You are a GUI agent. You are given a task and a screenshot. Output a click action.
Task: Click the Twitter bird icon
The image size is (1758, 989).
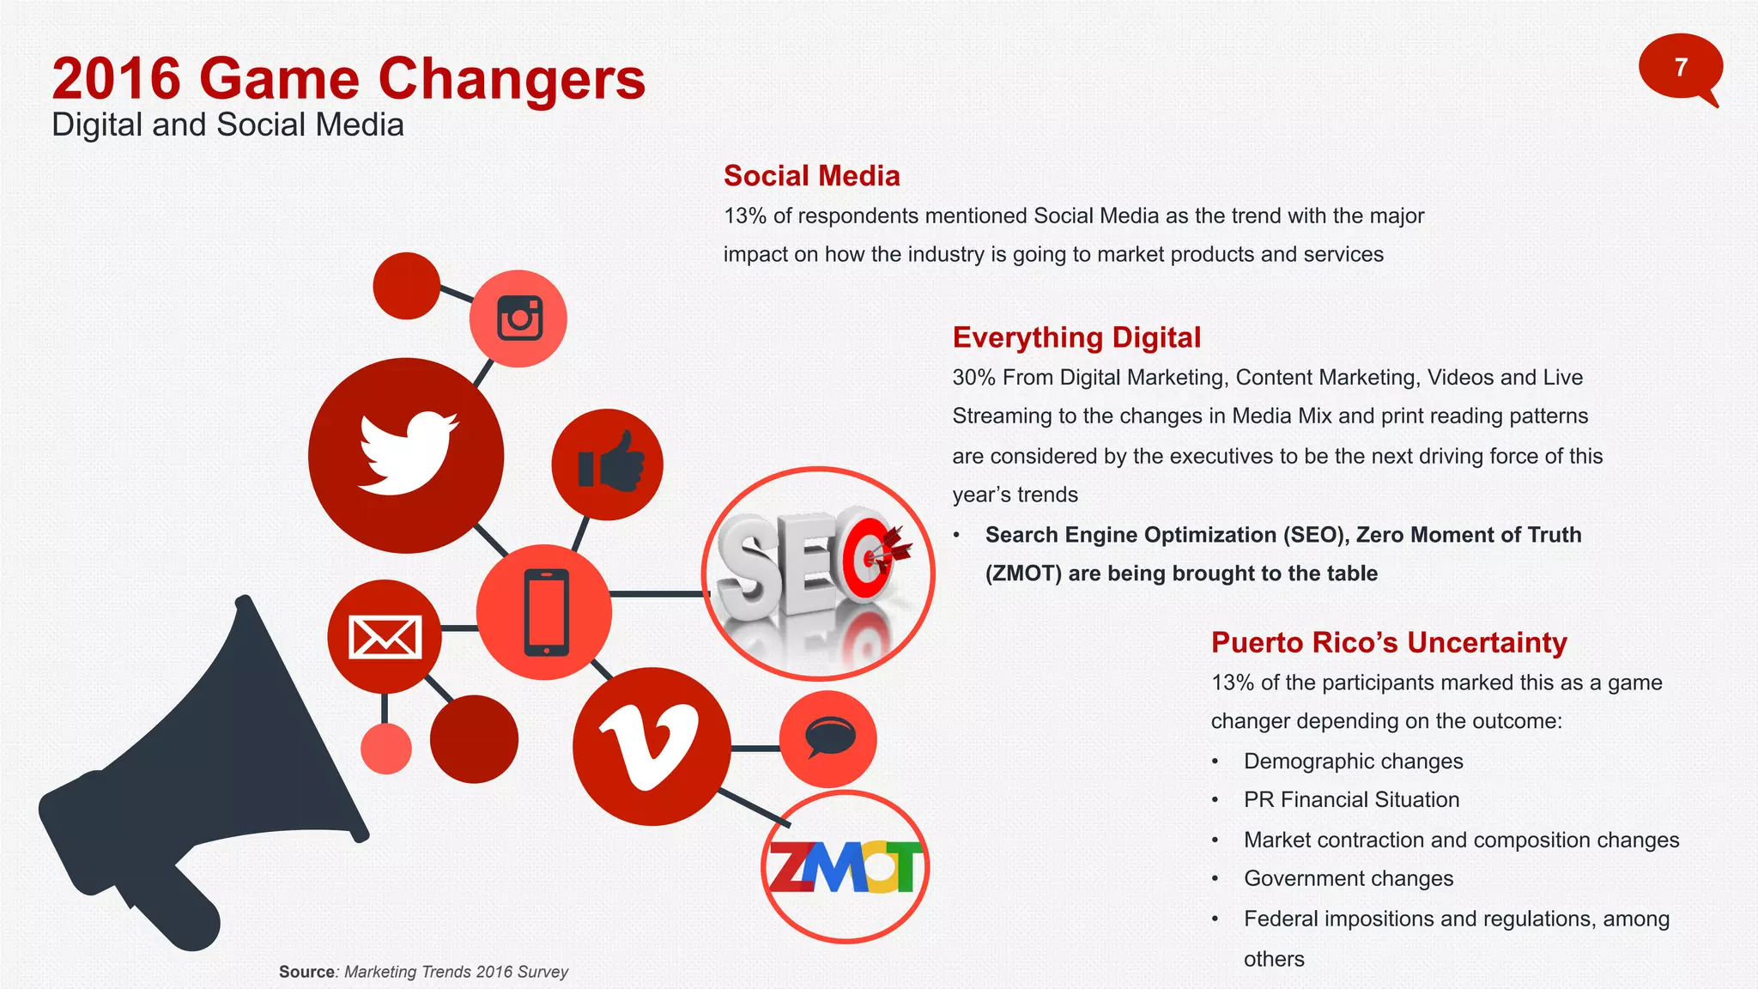(x=407, y=454)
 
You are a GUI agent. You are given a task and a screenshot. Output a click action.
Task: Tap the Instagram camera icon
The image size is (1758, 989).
(x=519, y=319)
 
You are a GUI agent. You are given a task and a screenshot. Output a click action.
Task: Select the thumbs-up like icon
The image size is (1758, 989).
(x=609, y=464)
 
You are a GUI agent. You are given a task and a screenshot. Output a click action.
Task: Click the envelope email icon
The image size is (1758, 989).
(x=385, y=637)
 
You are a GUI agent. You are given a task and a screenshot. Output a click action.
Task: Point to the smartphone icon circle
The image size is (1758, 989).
(x=545, y=612)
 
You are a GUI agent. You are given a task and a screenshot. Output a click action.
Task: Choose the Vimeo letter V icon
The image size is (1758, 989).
(x=651, y=746)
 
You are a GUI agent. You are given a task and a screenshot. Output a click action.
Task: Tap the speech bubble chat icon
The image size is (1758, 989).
(x=828, y=738)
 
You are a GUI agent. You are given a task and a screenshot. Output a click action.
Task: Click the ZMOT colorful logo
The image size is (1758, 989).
(x=846, y=867)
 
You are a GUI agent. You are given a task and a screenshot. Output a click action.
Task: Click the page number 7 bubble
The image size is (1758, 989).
(x=1680, y=67)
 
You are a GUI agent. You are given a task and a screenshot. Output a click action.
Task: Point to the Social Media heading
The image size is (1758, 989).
(x=811, y=176)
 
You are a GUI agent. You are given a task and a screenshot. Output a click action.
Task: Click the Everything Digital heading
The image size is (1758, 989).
(x=1076, y=337)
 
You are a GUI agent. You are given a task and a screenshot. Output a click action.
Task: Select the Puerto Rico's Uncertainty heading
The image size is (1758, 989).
(x=1388, y=642)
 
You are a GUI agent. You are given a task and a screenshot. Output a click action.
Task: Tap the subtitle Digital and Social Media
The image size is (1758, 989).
(x=227, y=125)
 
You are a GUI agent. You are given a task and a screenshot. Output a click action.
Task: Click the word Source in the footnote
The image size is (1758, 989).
(x=306, y=972)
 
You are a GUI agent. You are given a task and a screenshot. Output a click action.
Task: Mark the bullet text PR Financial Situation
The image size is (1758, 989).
(x=1351, y=800)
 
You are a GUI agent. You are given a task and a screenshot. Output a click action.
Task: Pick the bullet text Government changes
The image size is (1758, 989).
(x=1348, y=879)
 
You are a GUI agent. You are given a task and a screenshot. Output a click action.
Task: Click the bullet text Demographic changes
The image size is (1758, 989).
(x=1353, y=761)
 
